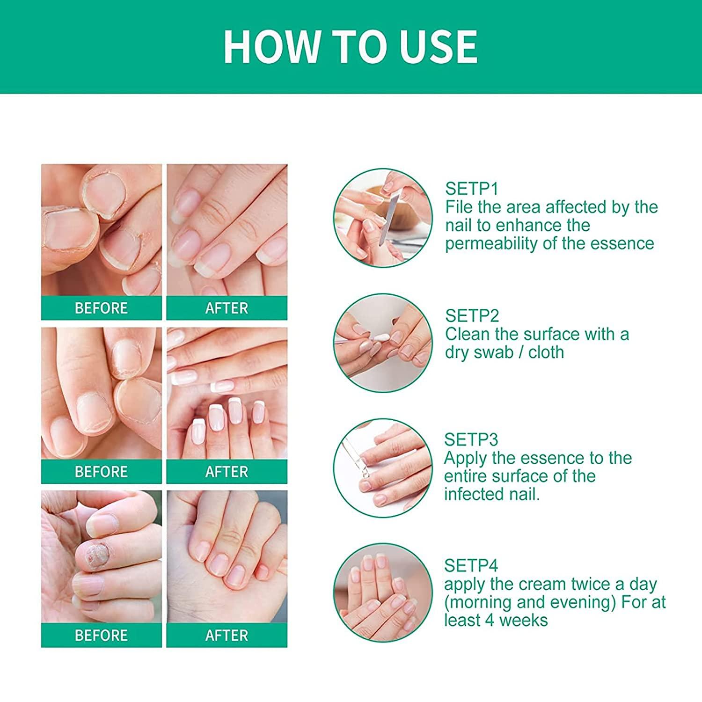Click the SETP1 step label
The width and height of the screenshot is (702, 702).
coord(471,189)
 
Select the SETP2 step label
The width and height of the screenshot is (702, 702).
coord(472,316)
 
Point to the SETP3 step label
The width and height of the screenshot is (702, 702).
coord(471,439)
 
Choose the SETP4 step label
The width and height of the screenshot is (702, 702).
coord(471,566)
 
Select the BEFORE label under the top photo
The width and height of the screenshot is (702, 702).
coord(101,308)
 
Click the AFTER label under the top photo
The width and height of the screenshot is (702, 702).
coord(227,308)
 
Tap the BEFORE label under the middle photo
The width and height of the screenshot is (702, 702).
coord(101,472)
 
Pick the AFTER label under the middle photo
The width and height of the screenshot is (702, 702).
coord(227,472)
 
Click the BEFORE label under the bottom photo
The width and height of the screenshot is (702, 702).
coord(101,636)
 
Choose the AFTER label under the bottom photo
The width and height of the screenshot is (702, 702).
coord(227,636)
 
